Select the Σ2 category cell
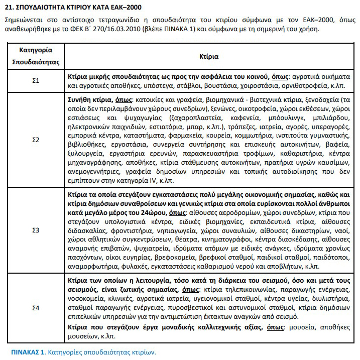35,139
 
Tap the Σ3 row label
35,230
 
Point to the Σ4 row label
35,306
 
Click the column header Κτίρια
208,56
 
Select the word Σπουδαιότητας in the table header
36,63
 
